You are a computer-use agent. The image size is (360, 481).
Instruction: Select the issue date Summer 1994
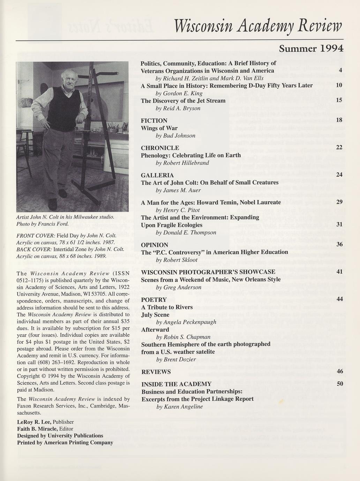click(311, 48)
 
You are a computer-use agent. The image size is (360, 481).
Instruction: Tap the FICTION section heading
click(154, 121)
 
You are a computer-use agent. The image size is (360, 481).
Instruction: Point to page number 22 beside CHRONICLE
click(339, 147)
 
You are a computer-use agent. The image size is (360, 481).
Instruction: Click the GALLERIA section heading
click(157, 175)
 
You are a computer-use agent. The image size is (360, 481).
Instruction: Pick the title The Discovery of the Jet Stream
click(183, 101)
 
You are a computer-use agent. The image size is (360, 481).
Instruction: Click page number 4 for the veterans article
click(340, 70)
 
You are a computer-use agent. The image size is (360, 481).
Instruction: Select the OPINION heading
click(155, 245)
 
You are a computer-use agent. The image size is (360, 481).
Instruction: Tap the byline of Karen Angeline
click(179, 407)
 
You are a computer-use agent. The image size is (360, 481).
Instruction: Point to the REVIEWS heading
click(156, 372)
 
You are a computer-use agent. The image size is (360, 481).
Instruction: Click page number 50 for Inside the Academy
click(340, 384)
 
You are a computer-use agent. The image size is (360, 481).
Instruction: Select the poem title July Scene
click(155, 315)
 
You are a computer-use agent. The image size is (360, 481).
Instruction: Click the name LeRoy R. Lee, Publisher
click(45, 422)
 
